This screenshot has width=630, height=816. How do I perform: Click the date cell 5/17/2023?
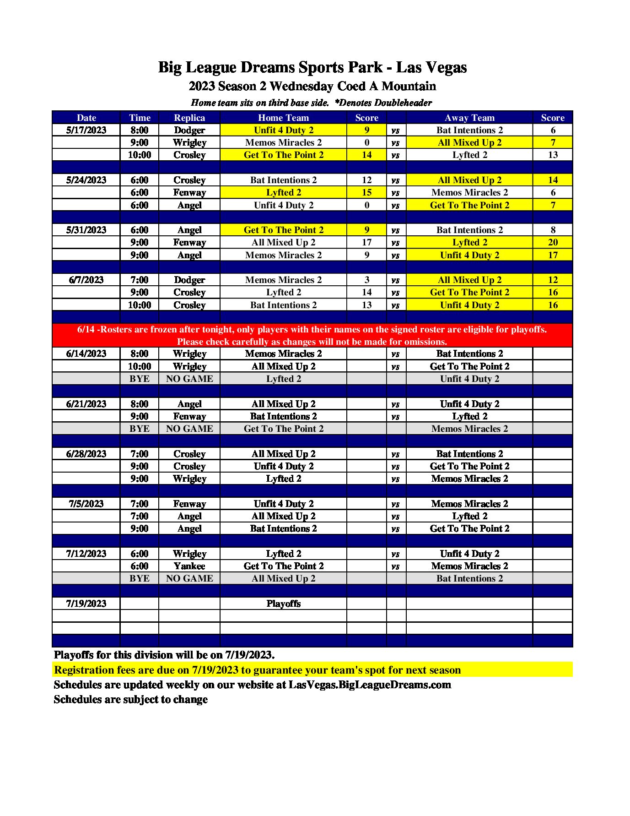86,130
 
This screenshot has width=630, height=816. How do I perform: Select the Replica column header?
189,118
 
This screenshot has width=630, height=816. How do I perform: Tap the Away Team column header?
469,118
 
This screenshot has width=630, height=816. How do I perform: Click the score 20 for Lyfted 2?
553,242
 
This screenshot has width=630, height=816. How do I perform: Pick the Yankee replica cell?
189,566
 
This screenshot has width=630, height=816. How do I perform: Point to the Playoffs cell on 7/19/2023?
283,604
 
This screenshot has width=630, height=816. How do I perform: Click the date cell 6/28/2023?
86,454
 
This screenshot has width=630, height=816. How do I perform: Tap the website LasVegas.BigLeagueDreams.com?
370,685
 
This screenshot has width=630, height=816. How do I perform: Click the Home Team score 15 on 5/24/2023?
366,192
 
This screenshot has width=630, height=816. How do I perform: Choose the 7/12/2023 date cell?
86,554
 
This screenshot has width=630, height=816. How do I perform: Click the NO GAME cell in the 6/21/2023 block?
189,429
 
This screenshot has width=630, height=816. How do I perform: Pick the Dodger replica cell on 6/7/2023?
189,280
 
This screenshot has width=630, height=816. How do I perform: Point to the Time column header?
140,118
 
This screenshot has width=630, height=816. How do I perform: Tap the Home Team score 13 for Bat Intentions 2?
366,305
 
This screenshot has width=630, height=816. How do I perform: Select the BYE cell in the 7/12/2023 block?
140,578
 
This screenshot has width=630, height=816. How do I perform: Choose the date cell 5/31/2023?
86,230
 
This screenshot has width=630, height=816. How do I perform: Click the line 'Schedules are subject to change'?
131,699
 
